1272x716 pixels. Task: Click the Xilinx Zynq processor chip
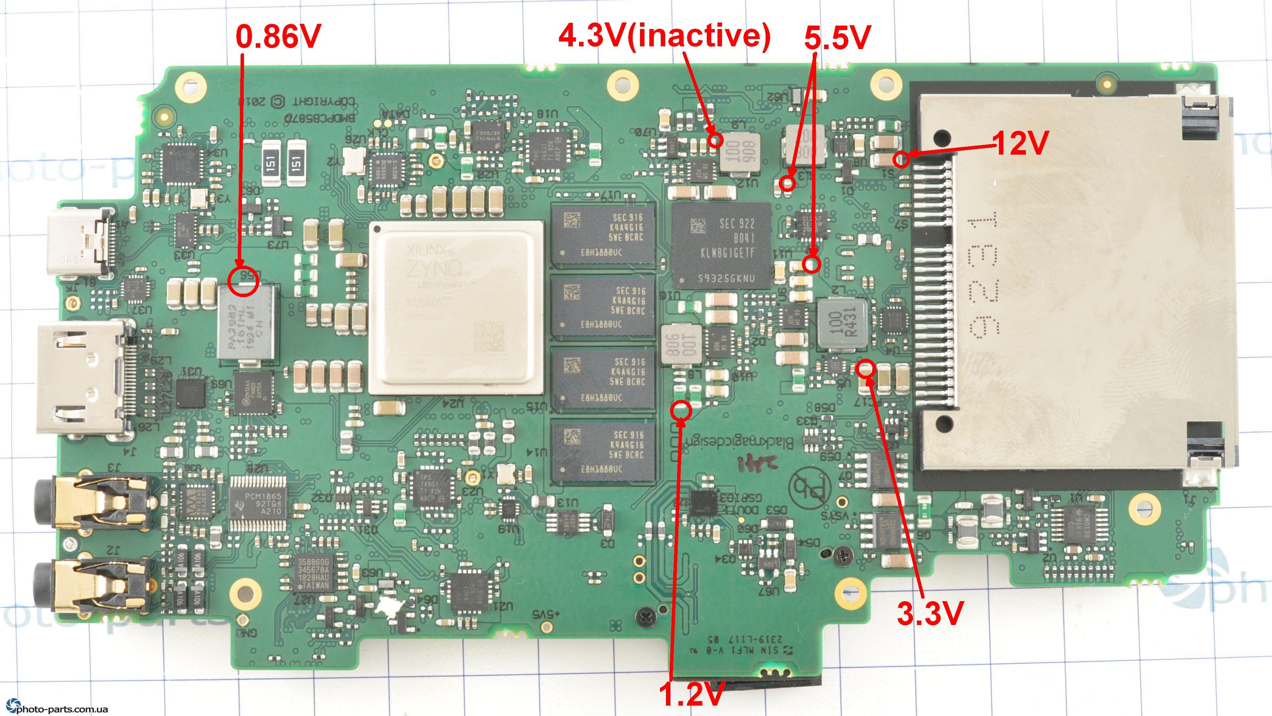[x=456, y=307]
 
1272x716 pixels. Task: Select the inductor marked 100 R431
[x=842, y=322]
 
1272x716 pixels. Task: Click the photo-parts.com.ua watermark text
[x=59, y=709]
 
